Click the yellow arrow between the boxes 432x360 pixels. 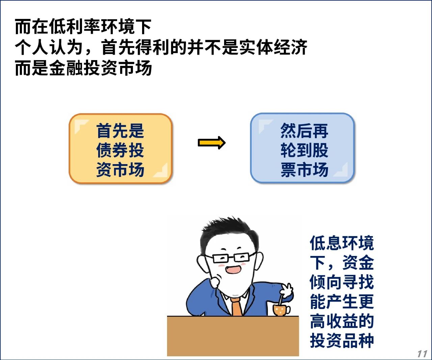[212, 143]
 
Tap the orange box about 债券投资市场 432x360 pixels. [120, 149]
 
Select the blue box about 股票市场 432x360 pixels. [302, 148]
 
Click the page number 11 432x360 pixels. [422, 354]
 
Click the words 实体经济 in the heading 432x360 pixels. [273, 47]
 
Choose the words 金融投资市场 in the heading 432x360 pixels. [101, 68]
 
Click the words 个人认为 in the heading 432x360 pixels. [49, 47]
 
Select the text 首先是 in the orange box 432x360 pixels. [120, 131]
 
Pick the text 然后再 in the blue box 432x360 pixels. [304, 131]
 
